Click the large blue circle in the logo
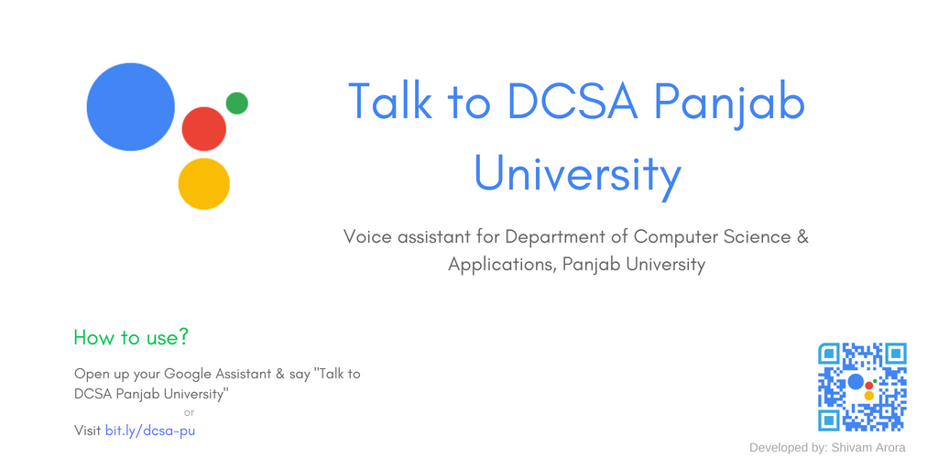[x=130, y=107]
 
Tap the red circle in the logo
[x=203, y=129]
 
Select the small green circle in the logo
[x=236, y=104]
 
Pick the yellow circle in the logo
[x=203, y=184]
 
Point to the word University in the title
[x=577, y=174]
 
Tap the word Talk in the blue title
[x=389, y=102]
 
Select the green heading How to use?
[x=131, y=337]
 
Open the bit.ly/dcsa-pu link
[x=150, y=430]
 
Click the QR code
[x=862, y=387]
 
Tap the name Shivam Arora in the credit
[x=868, y=448]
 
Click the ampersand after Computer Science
[x=803, y=236]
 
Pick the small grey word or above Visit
[x=190, y=412]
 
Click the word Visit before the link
[x=88, y=430]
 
